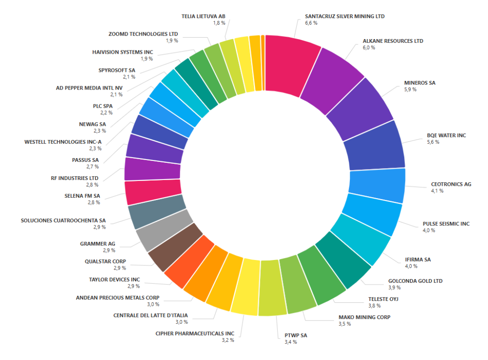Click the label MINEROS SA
[x=419, y=83]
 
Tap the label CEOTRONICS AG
[x=451, y=184]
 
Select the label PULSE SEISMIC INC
[x=446, y=223]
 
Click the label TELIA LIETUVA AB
[x=203, y=16]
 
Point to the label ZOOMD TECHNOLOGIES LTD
[x=143, y=34]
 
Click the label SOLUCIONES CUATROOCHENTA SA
[x=63, y=220]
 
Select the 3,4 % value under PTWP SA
[x=291, y=342]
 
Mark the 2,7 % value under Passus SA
[x=93, y=167]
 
